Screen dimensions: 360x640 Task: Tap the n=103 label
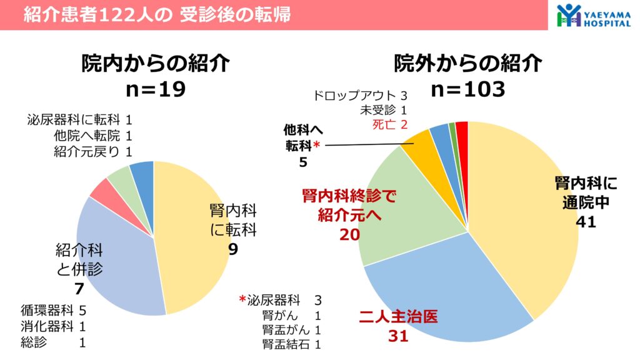pos(467,89)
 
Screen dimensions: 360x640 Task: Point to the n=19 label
pos(155,89)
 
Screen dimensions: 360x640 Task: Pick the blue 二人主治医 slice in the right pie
pos(450,294)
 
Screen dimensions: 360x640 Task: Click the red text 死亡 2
pos(389,124)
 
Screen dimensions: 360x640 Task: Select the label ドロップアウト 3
pos(361,96)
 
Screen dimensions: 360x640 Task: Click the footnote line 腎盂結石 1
pos(292,344)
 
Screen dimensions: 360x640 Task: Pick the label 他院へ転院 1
pos(93,136)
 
